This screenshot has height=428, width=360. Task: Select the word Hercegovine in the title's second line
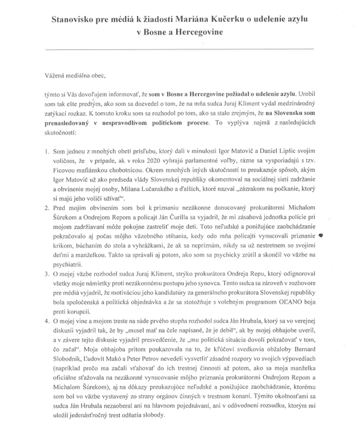[201, 32]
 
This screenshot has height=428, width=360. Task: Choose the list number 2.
[47, 208]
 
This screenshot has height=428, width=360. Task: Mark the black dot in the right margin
[321, 236]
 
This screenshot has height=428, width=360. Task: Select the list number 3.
[47, 274]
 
